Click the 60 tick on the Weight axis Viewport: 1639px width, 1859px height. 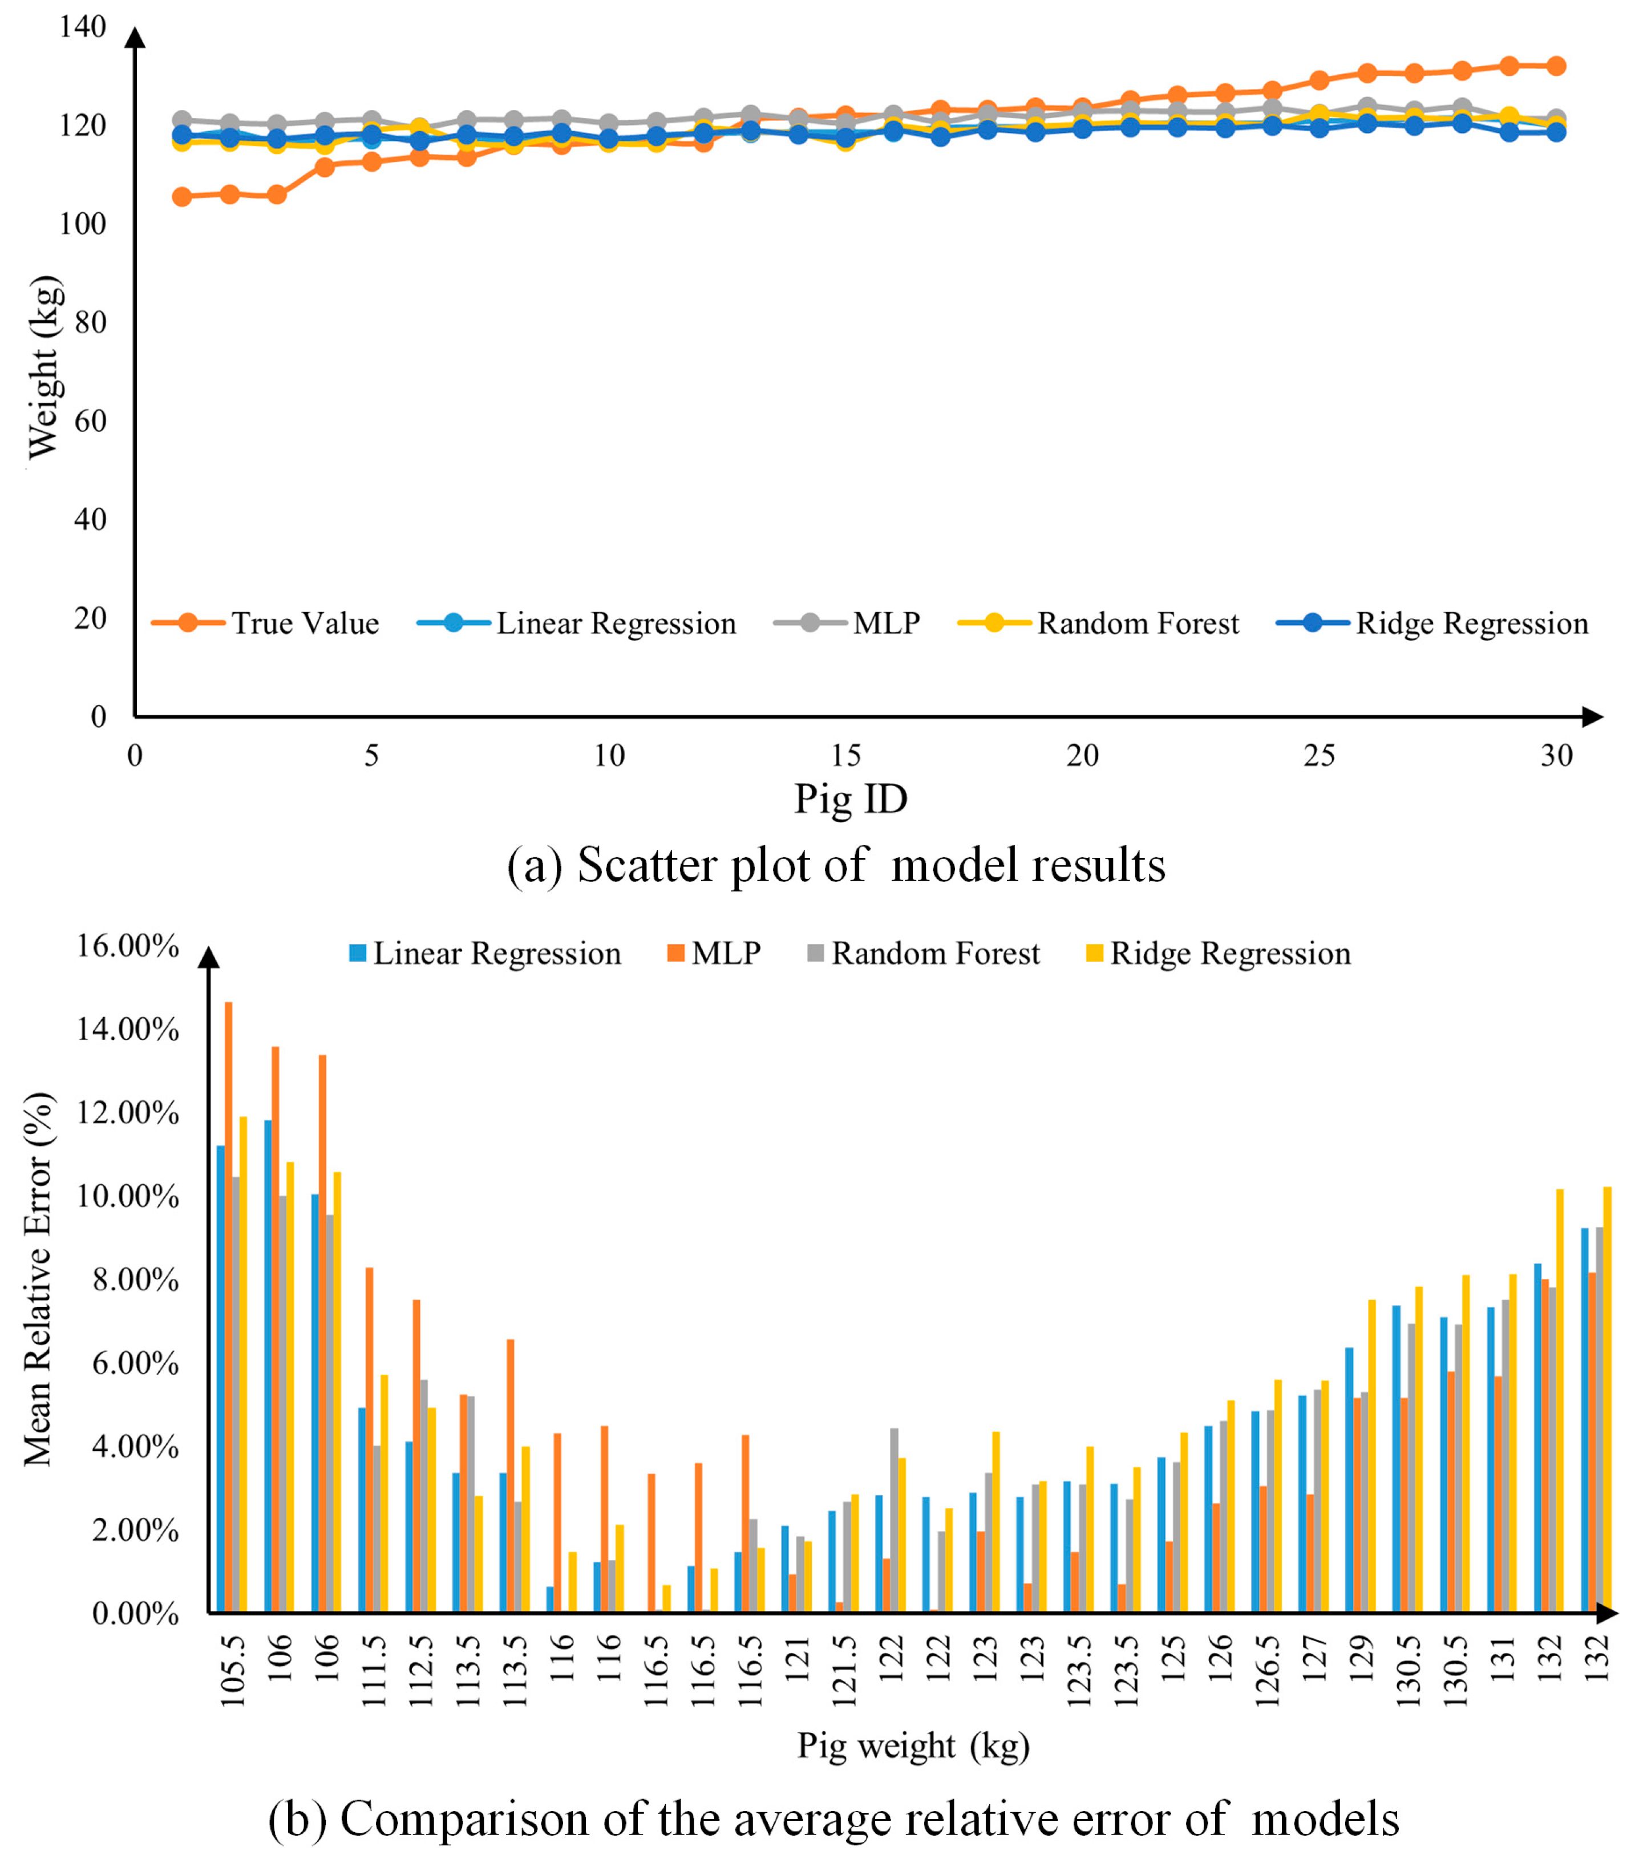coord(90,421)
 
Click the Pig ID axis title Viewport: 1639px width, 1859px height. coord(851,799)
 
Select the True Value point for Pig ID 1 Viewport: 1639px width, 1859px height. coord(182,196)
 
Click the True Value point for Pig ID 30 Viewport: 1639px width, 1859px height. coord(1556,66)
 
